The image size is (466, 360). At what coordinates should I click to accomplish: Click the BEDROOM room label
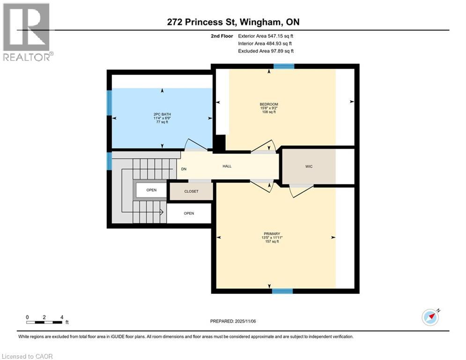(269, 104)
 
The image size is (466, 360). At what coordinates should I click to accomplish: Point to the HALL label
(227, 166)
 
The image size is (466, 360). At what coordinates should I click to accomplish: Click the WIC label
(308, 166)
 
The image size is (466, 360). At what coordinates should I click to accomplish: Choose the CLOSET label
(191, 191)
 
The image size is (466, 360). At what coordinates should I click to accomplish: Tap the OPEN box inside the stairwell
(151, 190)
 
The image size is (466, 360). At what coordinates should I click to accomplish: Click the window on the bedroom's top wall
(284, 67)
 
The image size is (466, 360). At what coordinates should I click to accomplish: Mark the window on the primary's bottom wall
(282, 291)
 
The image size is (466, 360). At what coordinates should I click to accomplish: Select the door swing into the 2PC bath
(196, 145)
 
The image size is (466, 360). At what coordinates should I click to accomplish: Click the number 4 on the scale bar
(61, 317)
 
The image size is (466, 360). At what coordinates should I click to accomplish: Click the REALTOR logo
(27, 31)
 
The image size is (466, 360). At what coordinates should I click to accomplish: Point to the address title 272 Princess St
(233, 22)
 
